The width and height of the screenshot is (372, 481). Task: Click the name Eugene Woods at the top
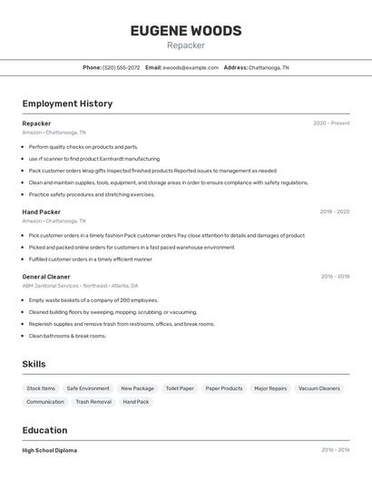tap(186, 31)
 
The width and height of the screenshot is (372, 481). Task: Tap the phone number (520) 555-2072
tap(122, 67)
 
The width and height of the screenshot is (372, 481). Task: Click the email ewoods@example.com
tap(191, 67)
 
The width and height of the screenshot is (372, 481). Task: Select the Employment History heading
tap(67, 103)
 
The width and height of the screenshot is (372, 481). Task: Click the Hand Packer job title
tap(41, 211)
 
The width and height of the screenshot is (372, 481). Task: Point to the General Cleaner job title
tap(46, 277)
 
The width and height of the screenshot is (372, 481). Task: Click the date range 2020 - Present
tap(331, 123)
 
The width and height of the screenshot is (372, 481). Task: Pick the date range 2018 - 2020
tap(334, 211)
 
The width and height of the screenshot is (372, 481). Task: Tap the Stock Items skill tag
tap(41, 388)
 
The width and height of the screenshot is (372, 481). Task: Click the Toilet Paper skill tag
tap(180, 388)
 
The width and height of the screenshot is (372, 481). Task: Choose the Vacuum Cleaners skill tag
tap(319, 388)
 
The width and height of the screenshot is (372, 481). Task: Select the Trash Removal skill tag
tap(93, 402)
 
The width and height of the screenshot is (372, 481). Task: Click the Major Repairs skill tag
tap(270, 388)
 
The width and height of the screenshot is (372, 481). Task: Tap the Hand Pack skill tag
tap(136, 402)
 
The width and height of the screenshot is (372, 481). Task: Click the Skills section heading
tap(34, 364)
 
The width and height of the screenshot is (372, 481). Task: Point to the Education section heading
tap(45, 430)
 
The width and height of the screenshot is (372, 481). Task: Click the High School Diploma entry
tap(50, 450)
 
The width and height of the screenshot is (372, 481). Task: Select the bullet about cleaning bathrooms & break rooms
tap(67, 336)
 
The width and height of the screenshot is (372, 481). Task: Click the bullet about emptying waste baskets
tap(93, 300)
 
